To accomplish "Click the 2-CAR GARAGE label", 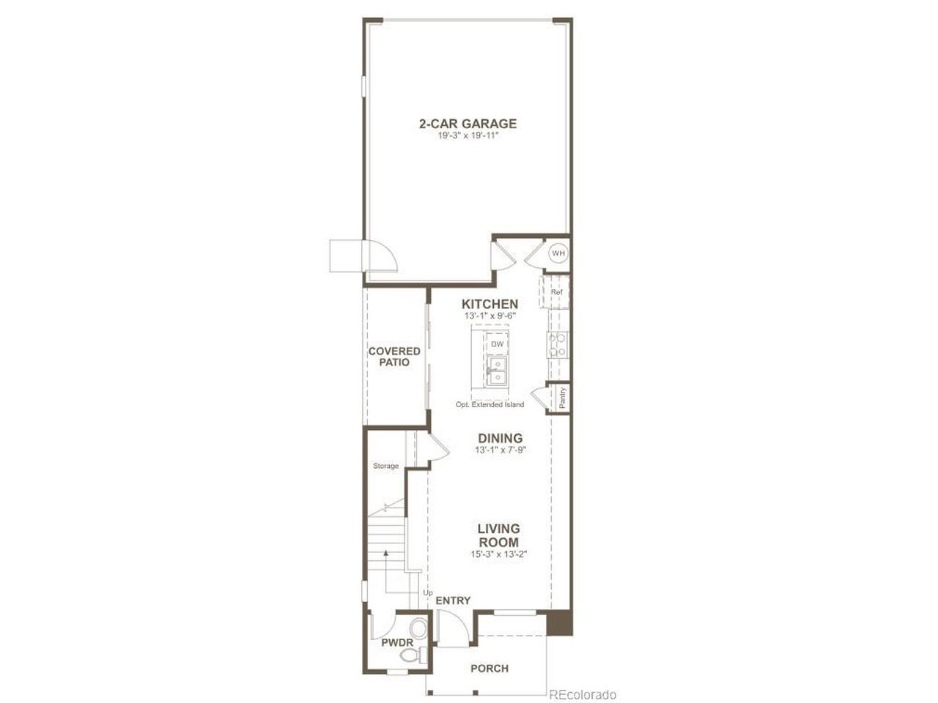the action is (x=468, y=124).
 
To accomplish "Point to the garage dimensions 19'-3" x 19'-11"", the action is (x=468, y=135).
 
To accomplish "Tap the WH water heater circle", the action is (x=558, y=253).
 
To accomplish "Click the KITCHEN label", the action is (x=490, y=304).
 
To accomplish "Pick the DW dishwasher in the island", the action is (x=497, y=344).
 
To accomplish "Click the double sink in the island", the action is (x=497, y=371).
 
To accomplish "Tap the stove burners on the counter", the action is (x=558, y=345).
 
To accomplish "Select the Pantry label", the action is (x=562, y=398).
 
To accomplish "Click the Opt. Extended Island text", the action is (x=490, y=404).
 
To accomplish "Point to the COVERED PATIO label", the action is (x=394, y=357).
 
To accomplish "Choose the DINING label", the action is (x=500, y=438).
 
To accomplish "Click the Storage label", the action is (x=386, y=466).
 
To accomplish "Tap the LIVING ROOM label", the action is (x=499, y=535).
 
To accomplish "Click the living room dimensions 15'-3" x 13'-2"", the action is (x=499, y=554).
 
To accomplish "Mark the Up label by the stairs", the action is (x=428, y=593).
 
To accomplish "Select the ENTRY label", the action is (x=453, y=600).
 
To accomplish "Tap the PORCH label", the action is (x=490, y=669).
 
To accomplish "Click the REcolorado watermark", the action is (x=583, y=694).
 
